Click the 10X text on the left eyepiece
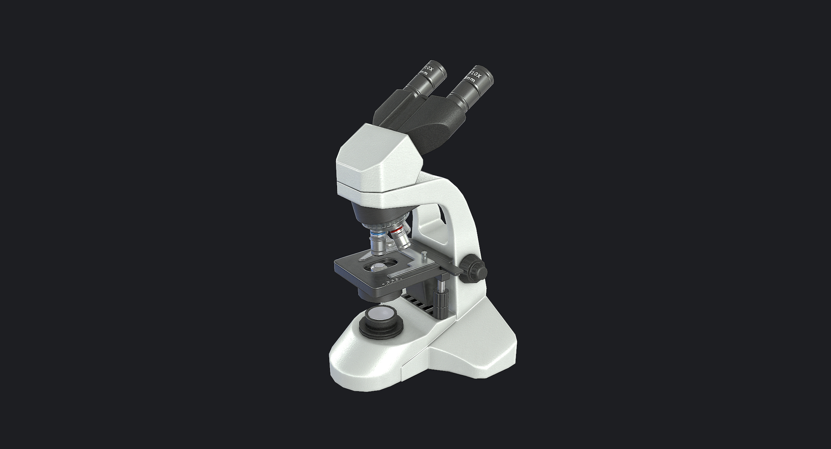[429, 69]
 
